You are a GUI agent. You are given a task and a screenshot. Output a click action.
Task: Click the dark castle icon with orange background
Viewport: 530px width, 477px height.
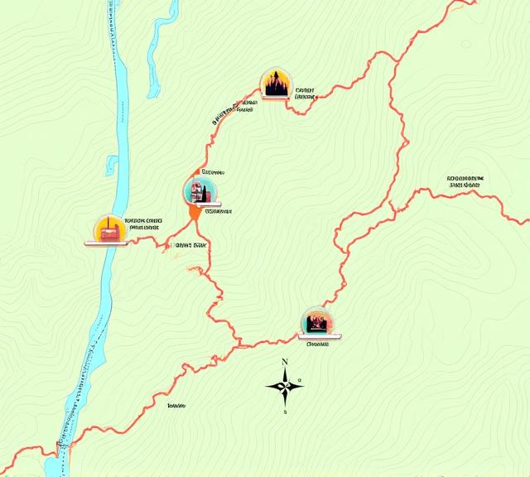pos(276,84)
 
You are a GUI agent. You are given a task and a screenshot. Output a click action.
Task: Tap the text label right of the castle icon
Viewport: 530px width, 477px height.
pos(305,93)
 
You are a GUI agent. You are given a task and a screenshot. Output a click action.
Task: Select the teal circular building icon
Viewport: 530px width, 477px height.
pos(199,191)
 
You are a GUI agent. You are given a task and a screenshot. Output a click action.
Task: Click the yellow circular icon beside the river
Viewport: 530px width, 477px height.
pos(108,228)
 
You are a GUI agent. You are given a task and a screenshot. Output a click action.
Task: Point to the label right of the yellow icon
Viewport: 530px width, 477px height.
pos(142,224)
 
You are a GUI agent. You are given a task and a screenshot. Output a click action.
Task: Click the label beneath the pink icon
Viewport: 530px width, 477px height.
pos(318,343)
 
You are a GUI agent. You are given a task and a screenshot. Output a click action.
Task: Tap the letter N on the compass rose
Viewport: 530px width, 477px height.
pos(285,362)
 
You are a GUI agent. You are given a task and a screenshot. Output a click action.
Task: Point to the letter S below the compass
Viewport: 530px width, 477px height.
pos(285,412)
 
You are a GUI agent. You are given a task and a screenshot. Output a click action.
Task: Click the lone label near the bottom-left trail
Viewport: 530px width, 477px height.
pos(176,406)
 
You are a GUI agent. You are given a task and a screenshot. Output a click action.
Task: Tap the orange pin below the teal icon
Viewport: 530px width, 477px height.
pos(195,213)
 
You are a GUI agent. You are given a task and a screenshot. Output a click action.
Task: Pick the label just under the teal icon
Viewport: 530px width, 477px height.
pos(218,210)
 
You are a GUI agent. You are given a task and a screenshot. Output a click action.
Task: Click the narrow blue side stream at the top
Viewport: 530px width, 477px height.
pos(157,50)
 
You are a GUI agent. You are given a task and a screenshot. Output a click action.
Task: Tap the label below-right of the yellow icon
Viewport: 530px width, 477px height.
pos(190,246)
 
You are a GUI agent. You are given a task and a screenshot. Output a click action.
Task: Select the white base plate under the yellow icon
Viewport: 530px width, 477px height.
pos(106,243)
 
